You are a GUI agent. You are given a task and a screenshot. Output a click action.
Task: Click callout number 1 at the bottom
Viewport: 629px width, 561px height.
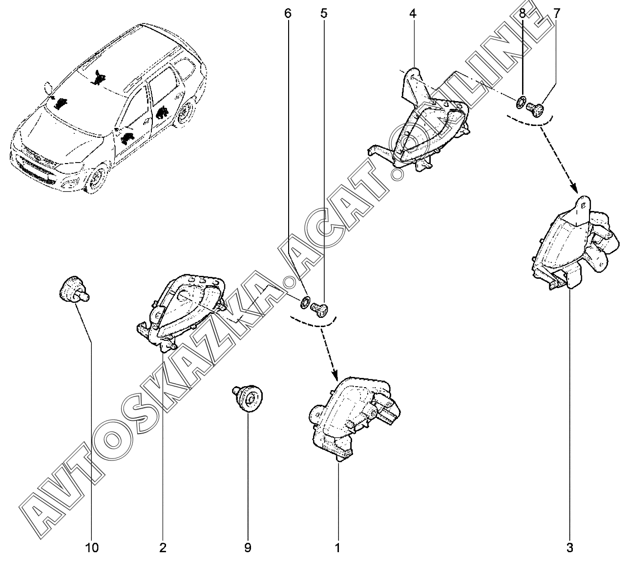[337, 547]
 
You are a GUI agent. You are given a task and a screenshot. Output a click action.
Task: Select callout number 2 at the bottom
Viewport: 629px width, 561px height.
[163, 547]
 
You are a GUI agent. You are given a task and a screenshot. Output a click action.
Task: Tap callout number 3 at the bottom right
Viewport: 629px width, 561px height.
[570, 547]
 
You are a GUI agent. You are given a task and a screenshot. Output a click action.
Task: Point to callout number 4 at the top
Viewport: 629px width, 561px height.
[413, 14]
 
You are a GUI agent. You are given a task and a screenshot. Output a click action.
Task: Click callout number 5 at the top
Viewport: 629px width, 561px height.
[324, 14]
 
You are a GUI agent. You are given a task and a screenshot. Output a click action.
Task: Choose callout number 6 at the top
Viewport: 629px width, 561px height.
[288, 14]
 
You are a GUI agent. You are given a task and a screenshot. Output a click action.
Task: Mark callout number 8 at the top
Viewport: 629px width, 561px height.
[522, 14]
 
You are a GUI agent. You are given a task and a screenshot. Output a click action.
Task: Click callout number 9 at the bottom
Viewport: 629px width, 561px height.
[248, 547]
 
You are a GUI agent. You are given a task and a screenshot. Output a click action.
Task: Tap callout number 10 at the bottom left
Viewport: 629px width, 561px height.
[92, 547]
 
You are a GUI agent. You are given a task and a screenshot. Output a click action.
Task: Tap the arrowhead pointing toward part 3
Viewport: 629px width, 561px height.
[574, 189]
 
